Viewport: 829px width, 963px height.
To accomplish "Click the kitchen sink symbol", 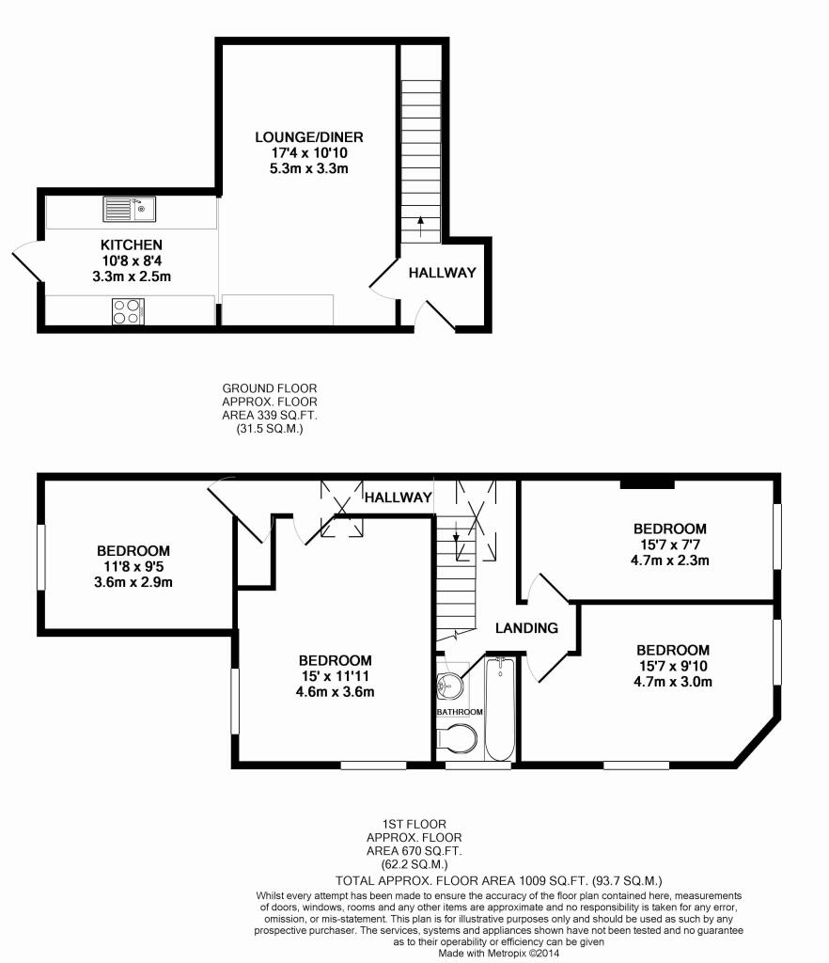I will coord(129,208).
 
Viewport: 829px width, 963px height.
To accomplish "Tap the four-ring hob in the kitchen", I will coord(127,310).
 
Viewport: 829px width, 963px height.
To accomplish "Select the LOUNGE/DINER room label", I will coord(296,137).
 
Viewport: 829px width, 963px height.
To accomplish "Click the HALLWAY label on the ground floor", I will coord(442,273).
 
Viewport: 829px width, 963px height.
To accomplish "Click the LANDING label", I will coord(527,628).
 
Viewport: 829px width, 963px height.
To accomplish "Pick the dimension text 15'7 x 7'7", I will coord(669,544).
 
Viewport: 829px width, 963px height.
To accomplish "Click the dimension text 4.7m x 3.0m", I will coord(672,682).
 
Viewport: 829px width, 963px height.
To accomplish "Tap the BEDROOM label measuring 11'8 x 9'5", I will coord(133,550).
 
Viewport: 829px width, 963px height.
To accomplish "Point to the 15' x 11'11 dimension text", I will coord(335,677).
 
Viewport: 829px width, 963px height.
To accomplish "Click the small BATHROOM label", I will coord(459,712).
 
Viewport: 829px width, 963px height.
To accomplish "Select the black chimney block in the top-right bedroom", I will coord(647,484).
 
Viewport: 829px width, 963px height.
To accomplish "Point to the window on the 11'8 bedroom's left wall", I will coord(40,558).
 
